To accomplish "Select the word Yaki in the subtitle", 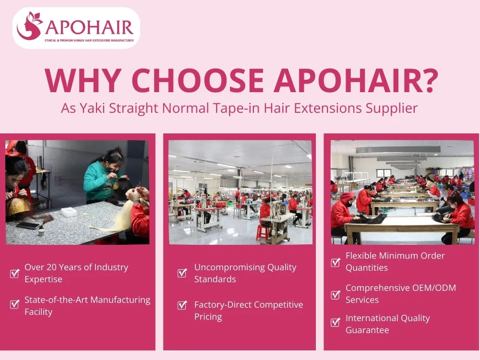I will click(x=93, y=108).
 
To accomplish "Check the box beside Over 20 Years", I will click(x=14, y=274).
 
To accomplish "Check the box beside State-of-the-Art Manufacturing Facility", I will click(x=14, y=304).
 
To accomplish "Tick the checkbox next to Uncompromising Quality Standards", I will click(x=182, y=273).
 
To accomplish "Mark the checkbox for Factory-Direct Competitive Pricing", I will click(x=182, y=305).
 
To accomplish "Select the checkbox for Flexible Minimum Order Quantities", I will click(x=336, y=262).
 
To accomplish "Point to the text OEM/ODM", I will click(x=432, y=288).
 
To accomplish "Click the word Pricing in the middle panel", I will click(x=208, y=317).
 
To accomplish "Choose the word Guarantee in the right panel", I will click(x=367, y=330).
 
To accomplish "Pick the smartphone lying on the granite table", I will click(x=28, y=225).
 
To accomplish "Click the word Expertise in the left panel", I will click(x=43, y=279).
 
